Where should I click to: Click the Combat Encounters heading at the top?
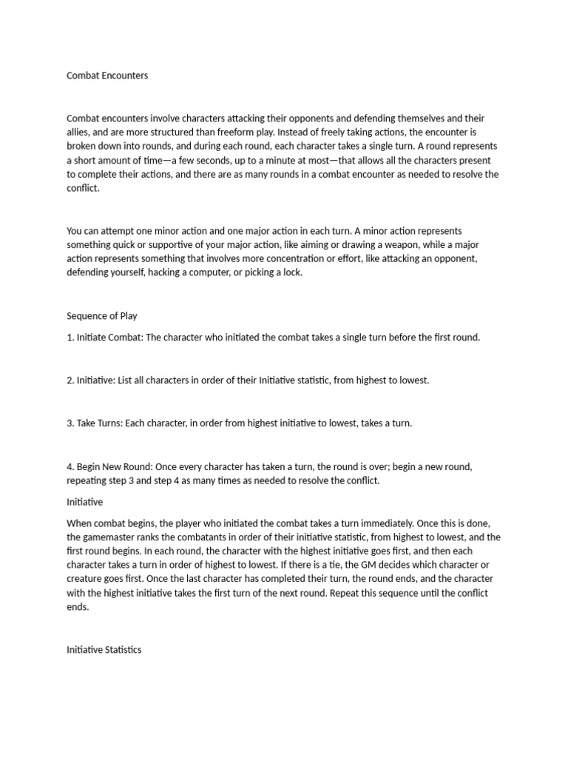(x=107, y=76)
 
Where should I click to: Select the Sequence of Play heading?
(x=102, y=315)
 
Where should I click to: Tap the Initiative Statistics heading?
(x=104, y=650)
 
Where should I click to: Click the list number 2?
(x=70, y=380)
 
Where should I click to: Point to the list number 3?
(x=70, y=423)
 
